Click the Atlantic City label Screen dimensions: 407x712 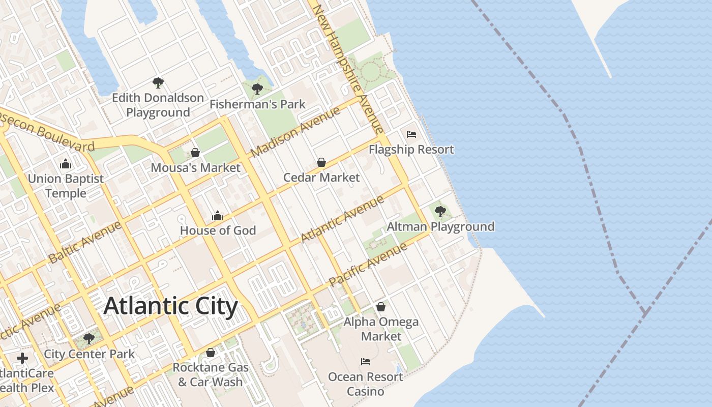pyautogui.click(x=171, y=306)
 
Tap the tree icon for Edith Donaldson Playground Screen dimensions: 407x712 pyautogui.click(x=158, y=82)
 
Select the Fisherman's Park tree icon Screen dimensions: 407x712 pyautogui.click(x=257, y=89)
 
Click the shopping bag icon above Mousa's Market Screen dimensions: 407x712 pyautogui.click(x=195, y=153)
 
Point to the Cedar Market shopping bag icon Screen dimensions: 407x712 pyautogui.click(x=321, y=162)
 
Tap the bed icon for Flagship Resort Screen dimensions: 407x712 pyautogui.click(x=411, y=134)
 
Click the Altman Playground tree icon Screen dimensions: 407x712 pyautogui.click(x=440, y=211)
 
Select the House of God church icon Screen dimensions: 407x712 pyautogui.click(x=218, y=216)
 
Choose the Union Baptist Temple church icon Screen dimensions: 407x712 pyautogui.click(x=66, y=164)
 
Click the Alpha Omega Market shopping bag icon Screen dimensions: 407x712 pyautogui.click(x=381, y=307)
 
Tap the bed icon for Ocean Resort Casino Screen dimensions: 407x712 pyautogui.click(x=366, y=362)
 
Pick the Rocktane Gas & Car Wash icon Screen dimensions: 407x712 pyautogui.click(x=211, y=353)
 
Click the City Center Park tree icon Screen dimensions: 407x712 pyautogui.click(x=89, y=338)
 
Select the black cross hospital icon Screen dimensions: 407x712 pyautogui.click(x=22, y=358)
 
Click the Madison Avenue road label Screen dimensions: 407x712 pyautogui.click(x=295, y=132)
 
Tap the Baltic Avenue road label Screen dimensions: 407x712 pyautogui.click(x=85, y=242)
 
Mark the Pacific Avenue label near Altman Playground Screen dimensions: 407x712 pyautogui.click(x=368, y=265)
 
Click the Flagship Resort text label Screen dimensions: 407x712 pyautogui.click(x=411, y=150)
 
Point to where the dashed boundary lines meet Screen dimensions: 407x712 pyautogui.click(x=644, y=311)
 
